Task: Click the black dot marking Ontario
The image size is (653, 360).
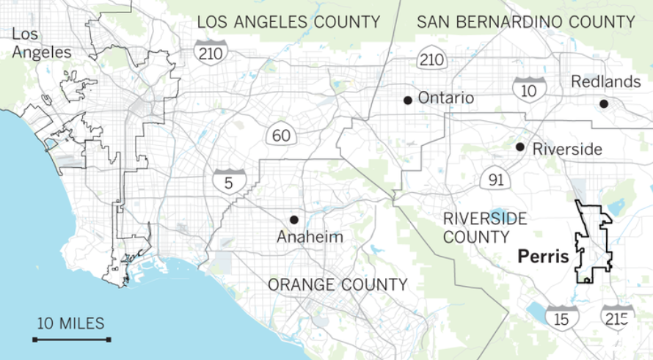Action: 407,100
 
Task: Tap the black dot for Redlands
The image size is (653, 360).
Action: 603,104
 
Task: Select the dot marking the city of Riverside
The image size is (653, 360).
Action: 519,147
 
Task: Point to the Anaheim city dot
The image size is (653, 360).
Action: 293,219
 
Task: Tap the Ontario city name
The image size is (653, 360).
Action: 445,98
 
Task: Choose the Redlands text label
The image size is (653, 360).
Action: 605,81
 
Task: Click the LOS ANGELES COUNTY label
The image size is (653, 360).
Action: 288,22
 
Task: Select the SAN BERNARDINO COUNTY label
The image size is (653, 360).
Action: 525,22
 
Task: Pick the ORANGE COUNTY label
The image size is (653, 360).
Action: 337,284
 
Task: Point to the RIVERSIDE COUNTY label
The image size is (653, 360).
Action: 475,227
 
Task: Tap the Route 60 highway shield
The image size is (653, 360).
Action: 280,136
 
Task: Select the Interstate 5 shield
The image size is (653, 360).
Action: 227,180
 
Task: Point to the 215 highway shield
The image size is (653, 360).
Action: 615,317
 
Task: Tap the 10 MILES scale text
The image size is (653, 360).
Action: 71,323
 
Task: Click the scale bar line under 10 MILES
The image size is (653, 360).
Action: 71,339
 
